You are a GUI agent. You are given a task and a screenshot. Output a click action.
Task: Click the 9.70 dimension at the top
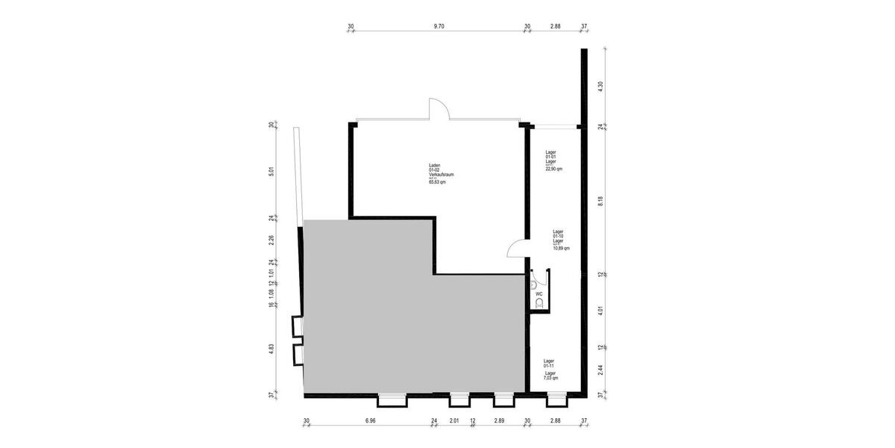coord(439,26)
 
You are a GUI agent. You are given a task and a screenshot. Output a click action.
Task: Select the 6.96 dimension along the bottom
coord(370,421)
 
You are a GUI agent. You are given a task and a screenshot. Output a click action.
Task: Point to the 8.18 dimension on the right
coord(600,200)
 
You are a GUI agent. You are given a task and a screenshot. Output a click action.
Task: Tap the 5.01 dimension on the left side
coord(271,170)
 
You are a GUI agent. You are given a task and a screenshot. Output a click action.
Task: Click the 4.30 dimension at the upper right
coord(600,86)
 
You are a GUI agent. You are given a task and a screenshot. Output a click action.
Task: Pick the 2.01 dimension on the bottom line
coord(454,421)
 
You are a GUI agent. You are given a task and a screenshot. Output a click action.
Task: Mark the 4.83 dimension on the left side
coord(271,349)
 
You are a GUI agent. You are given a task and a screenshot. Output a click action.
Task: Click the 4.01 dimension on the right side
coord(600,311)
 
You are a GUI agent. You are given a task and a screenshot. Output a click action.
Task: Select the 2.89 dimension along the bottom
coord(499,421)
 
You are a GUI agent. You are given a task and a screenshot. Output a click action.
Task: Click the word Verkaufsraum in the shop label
coord(442,175)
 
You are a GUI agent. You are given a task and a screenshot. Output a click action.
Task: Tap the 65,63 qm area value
coord(437,181)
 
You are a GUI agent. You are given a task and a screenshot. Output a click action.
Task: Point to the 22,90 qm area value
coord(554,169)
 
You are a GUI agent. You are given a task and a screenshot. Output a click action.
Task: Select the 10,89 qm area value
coord(561,249)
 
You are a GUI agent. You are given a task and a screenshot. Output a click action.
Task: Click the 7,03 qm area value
coord(550,379)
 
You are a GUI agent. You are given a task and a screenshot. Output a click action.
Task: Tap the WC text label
coord(538,294)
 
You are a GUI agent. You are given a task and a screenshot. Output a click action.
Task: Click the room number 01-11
coord(549,366)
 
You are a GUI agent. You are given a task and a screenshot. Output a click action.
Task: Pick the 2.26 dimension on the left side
coord(271,240)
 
